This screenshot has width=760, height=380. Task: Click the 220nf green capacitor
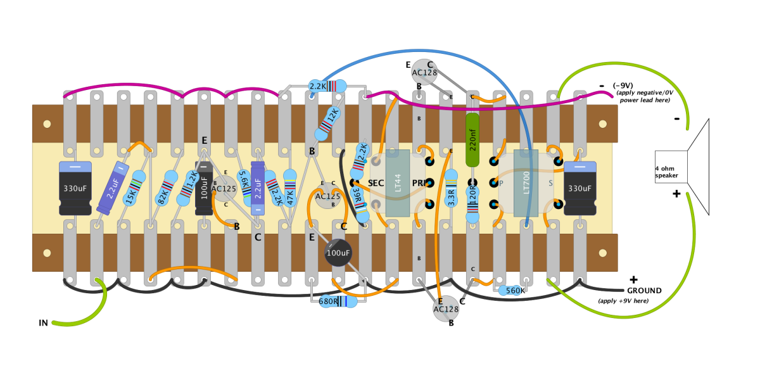tap(472, 139)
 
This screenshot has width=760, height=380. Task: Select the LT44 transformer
tap(398, 183)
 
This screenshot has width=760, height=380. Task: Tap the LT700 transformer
tap(526, 182)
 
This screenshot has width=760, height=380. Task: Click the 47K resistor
tap(290, 188)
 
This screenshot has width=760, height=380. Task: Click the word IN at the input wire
tap(43, 324)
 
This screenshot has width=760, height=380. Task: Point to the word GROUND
tap(644, 291)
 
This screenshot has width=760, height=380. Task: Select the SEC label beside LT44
tap(376, 183)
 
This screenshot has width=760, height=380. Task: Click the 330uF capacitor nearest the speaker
tap(580, 188)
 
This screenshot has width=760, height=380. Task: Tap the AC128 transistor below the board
tap(446, 309)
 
